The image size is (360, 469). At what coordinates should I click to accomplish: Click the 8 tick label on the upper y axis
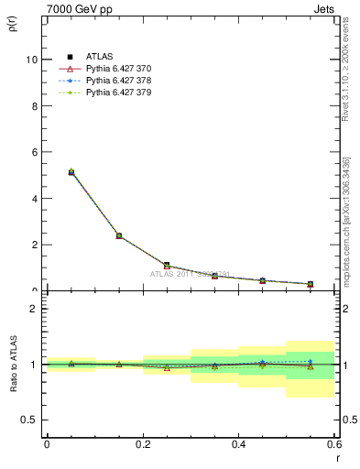(x=34, y=105)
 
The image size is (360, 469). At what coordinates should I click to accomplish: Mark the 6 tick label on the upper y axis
(x=34, y=152)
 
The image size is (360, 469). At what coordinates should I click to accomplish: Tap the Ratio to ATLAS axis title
(x=13, y=364)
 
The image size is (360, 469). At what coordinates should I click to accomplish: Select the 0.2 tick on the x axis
(x=143, y=443)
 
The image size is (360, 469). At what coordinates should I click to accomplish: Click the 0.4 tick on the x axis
(x=239, y=443)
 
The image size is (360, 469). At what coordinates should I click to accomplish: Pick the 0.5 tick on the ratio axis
(x=30, y=420)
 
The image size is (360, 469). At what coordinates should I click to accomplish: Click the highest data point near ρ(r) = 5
(x=71, y=171)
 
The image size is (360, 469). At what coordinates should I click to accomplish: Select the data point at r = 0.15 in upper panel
(x=119, y=235)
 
